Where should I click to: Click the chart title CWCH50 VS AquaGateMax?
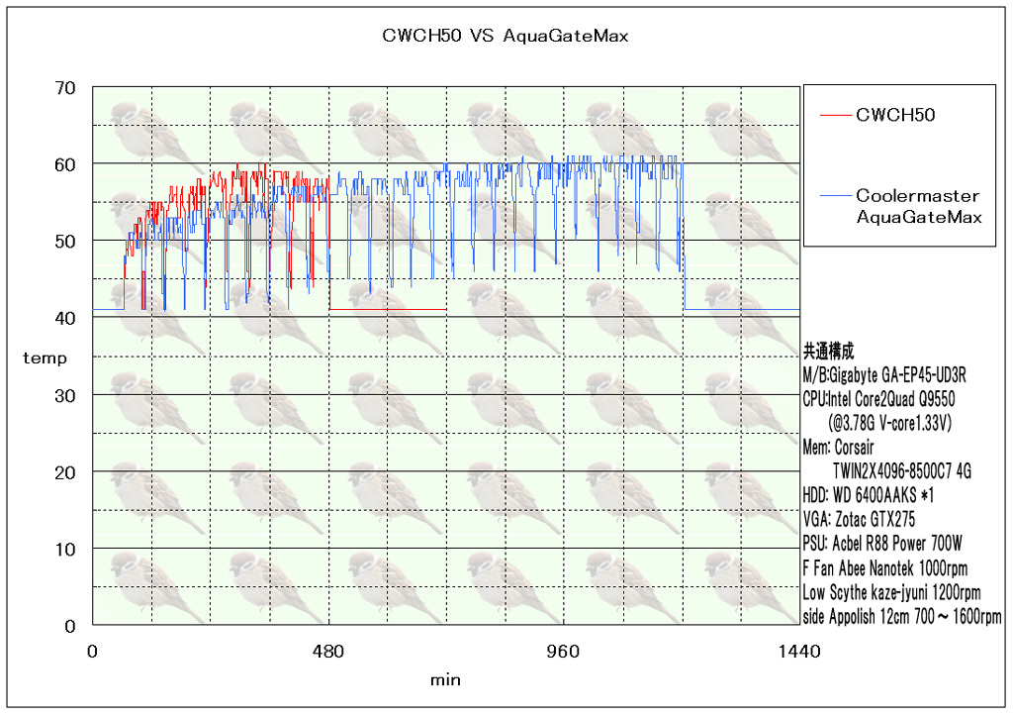[x=505, y=37]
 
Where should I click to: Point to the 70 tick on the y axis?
[x=64, y=87]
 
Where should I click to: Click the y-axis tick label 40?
[x=64, y=318]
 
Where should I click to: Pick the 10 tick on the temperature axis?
[x=64, y=549]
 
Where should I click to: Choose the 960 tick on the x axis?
[x=564, y=652]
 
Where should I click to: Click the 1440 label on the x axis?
[x=799, y=652]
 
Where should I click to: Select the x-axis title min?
[x=445, y=680]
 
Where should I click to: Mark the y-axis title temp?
[x=46, y=358]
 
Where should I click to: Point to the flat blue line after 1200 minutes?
[x=742, y=310]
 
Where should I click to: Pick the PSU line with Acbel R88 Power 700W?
[x=882, y=544]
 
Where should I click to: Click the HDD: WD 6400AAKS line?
[x=868, y=495]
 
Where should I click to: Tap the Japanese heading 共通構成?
[x=829, y=352]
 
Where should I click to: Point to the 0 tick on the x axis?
[x=93, y=652]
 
